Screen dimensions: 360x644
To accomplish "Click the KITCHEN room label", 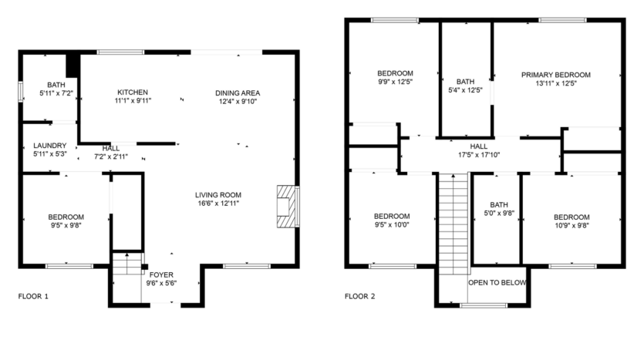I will (x=133, y=92).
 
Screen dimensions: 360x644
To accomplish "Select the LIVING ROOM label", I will (x=218, y=194).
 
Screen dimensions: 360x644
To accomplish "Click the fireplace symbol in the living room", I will (x=287, y=206).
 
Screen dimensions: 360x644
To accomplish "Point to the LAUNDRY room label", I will (x=50, y=145).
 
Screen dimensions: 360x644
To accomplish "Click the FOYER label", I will (x=161, y=274).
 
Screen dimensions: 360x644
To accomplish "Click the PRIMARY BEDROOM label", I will (x=555, y=75).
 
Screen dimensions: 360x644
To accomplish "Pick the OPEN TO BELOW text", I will (x=497, y=283).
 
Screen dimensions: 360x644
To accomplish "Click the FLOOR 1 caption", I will (x=33, y=296).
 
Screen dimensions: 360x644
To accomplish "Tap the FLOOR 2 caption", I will (x=359, y=296).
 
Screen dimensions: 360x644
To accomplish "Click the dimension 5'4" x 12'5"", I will (x=465, y=89).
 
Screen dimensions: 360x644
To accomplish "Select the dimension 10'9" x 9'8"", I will (x=571, y=226).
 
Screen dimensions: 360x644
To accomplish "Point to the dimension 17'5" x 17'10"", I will (x=478, y=153).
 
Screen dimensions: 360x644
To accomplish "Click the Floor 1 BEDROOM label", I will (x=66, y=217).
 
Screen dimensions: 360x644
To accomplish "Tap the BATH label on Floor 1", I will (x=56, y=85).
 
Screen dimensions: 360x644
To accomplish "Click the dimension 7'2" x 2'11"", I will (x=111, y=156).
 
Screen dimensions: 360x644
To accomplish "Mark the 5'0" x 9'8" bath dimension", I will (x=499, y=214).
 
